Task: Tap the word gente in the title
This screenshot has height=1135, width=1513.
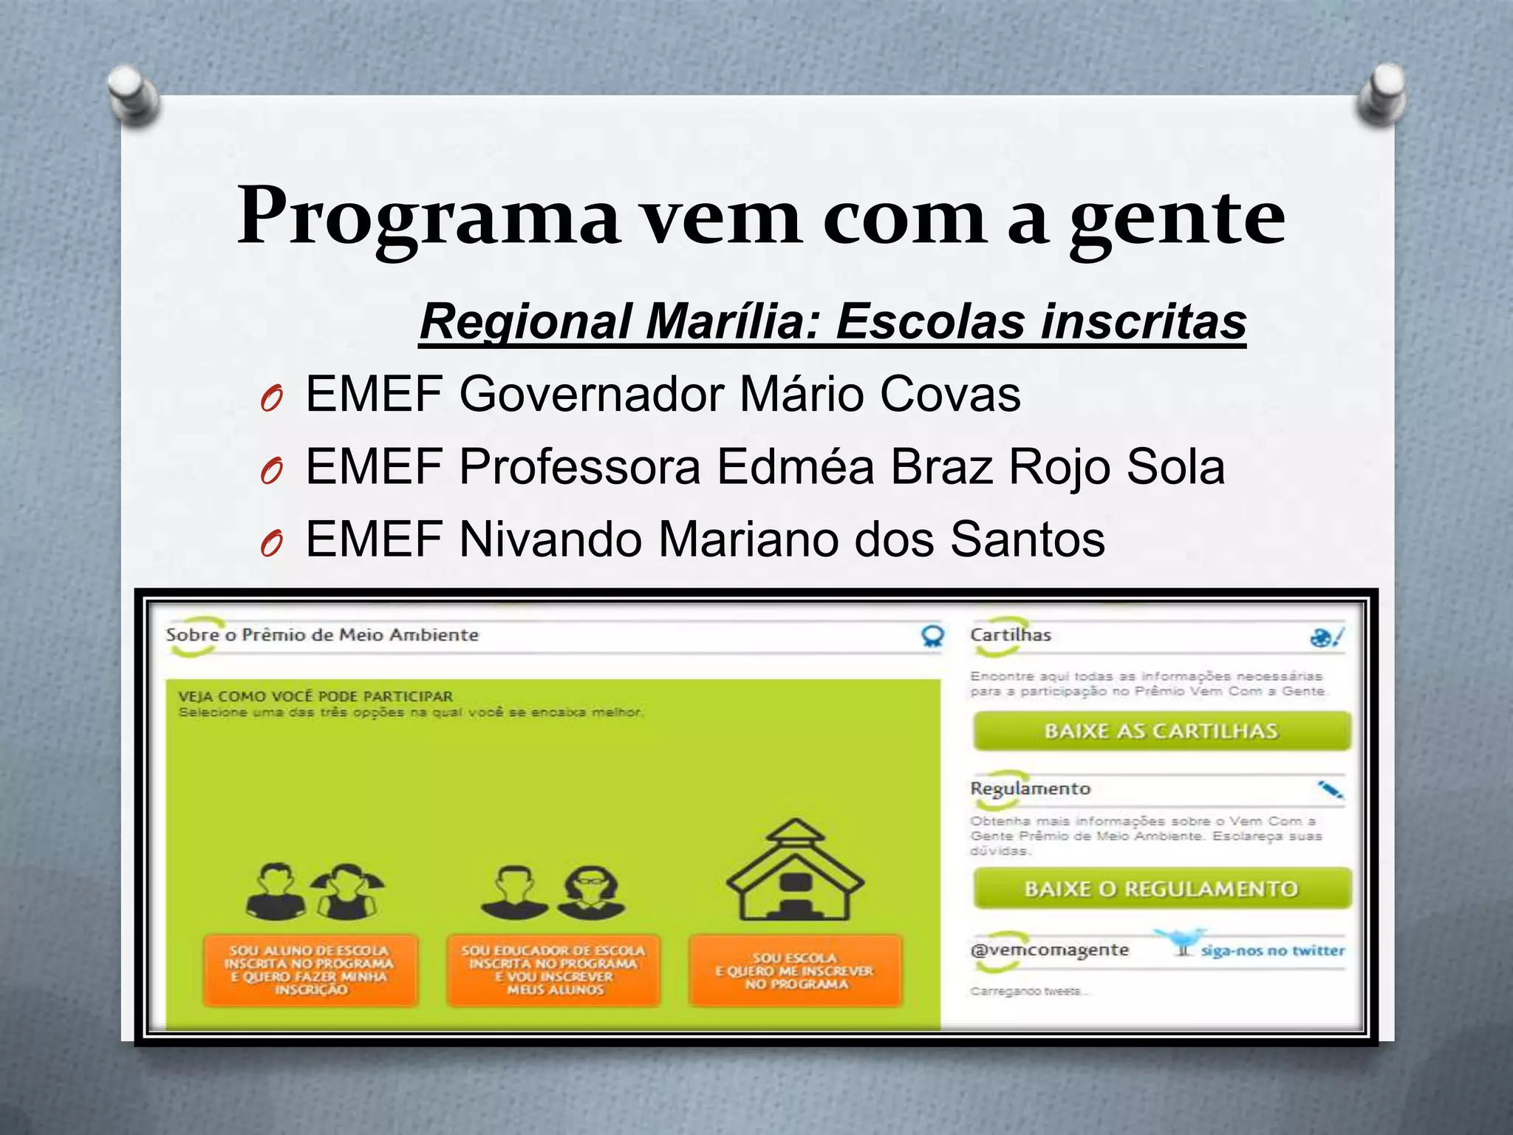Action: pos(1177,219)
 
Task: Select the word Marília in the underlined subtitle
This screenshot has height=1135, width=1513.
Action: pos(732,322)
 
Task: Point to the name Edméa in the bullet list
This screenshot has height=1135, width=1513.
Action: pos(796,467)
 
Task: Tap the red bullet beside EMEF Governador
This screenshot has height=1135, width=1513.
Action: pos(271,401)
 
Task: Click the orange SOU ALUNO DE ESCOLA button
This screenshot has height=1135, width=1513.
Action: pos(310,969)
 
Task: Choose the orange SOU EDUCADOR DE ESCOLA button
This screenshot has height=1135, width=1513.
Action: pos(553,969)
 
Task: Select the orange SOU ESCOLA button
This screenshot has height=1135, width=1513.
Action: pos(795,970)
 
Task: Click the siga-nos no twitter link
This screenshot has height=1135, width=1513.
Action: pos(1272,950)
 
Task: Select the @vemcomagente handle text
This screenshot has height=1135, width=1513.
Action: pos(1049,950)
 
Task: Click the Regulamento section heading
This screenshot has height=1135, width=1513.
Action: pos(1030,788)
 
